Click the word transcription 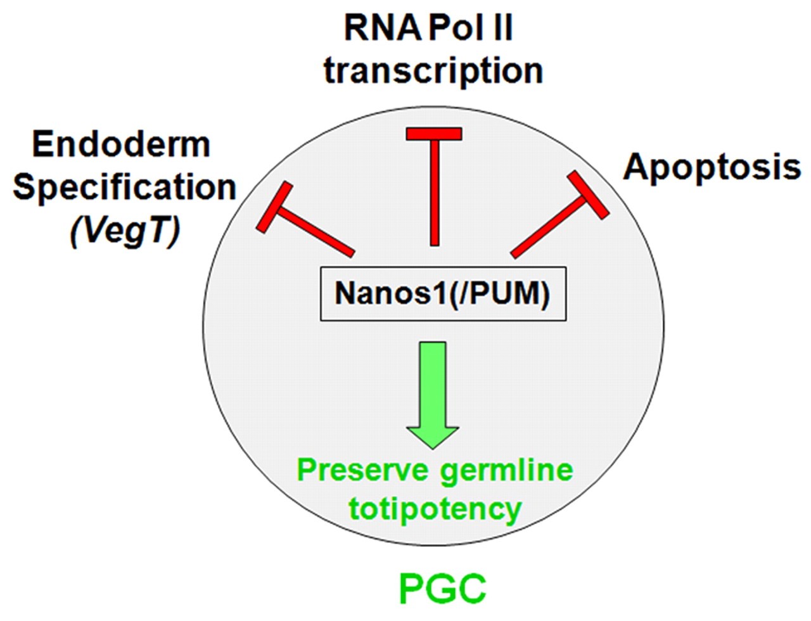(434, 71)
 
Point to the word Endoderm (121, 145)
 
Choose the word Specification (125, 188)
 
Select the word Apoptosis (712, 167)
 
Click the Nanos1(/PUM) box (443, 293)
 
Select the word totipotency (435, 508)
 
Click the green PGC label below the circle (442, 587)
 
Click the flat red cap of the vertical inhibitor (434, 134)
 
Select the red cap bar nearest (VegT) (275, 207)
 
